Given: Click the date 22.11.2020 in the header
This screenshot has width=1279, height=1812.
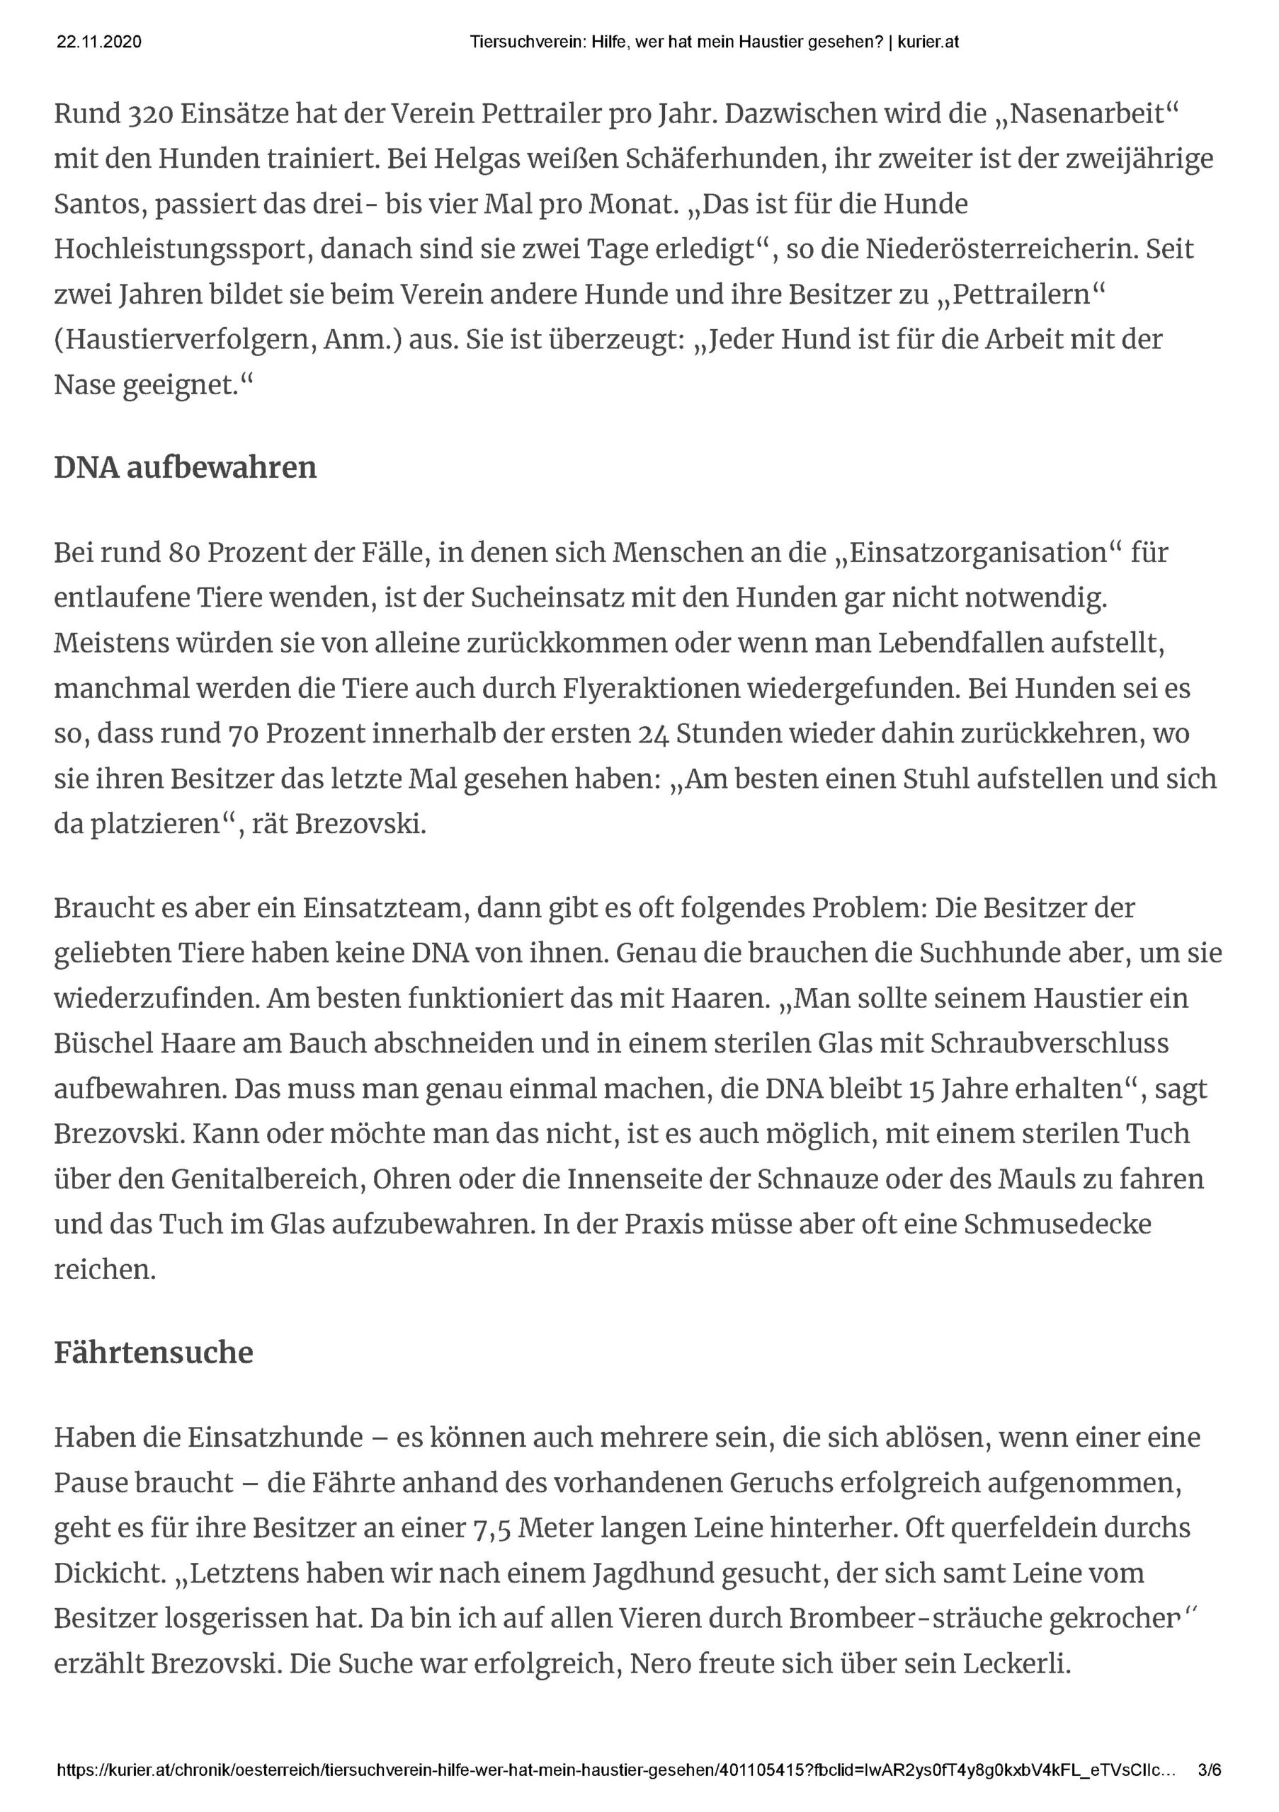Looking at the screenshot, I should [98, 42].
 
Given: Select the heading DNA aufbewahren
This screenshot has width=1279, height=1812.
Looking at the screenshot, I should [185, 467].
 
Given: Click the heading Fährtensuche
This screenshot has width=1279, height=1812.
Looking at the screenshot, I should [153, 1353].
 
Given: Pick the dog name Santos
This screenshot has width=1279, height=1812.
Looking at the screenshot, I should [97, 205].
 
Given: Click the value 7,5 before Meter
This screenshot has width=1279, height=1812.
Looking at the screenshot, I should [490, 1528].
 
